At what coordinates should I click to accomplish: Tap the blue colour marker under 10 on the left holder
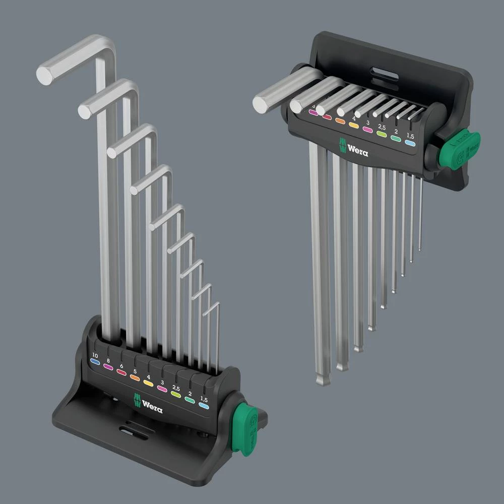tap(95, 362)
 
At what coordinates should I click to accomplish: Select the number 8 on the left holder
tap(108, 360)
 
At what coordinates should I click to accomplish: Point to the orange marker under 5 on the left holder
tap(135, 377)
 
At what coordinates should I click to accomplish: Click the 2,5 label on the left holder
tap(175, 388)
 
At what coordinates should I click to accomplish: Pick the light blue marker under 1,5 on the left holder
tap(204, 405)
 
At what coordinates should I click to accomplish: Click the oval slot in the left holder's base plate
tap(133, 433)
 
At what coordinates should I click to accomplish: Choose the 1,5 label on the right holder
tap(411, 136)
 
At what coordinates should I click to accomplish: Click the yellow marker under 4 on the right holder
tap(354, 125)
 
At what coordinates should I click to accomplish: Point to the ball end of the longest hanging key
tap(323, 379)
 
